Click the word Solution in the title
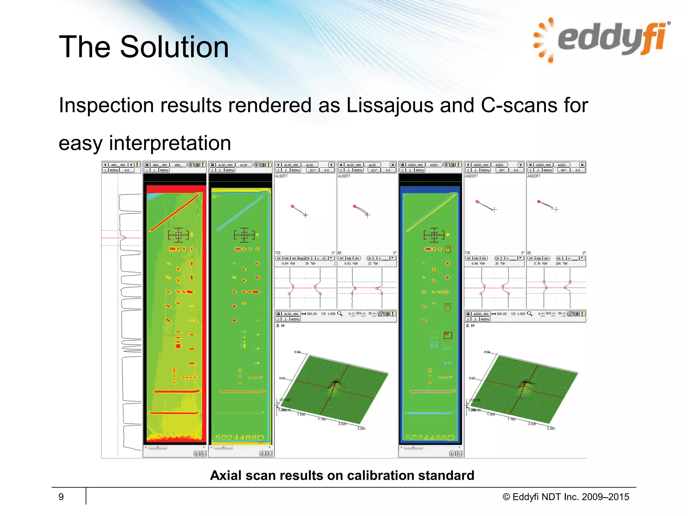click(174, 47)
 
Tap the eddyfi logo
click(601, 39)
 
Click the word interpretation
click(170, 143)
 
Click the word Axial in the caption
click(225, 475)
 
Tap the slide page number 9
click(61, 497)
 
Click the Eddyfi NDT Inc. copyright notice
click(566, 497)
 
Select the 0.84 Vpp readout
click(288, 264)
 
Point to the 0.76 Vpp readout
click(540, 264)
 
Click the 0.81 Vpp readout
click(351, 264)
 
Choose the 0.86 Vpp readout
click(478, 264)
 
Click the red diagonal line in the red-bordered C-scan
click(175, 212)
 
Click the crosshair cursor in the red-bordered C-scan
click(178, 235)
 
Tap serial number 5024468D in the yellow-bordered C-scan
click(240, 437)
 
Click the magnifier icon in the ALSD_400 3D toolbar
click(340, 314)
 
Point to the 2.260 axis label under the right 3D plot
click(551, 429)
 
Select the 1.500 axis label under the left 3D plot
click(301, 415)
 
